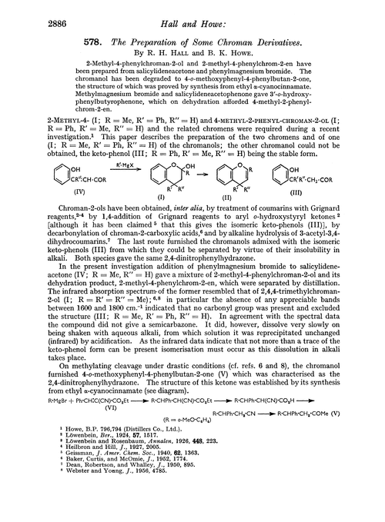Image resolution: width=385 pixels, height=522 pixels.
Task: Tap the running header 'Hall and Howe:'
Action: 192,9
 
